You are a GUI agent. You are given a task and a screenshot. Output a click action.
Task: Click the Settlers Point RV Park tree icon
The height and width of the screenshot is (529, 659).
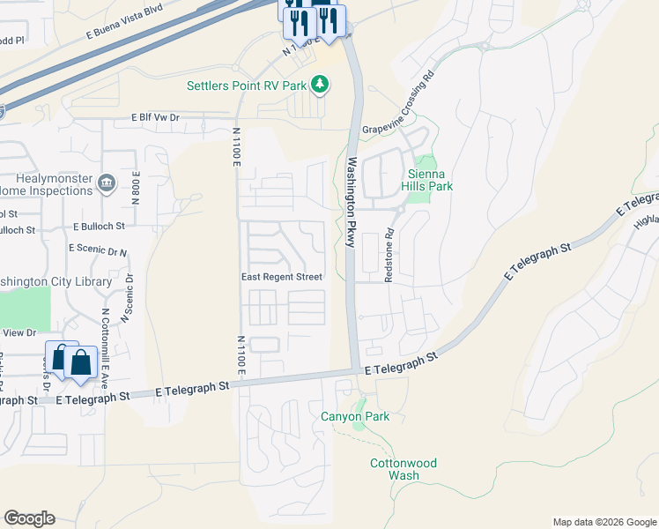(x=321, y=85)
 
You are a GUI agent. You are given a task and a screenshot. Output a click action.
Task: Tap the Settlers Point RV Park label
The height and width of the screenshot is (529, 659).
(x=246, y=86)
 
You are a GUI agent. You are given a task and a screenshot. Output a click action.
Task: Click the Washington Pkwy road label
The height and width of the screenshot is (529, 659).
(x=351, y=201)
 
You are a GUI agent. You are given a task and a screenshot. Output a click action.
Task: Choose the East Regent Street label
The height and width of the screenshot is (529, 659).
(x=282, y=277)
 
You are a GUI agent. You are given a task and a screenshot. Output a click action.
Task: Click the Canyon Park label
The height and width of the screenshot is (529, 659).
(x=354, y=416)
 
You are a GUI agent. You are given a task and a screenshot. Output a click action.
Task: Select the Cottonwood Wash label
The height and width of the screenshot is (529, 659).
(x=404, y=469)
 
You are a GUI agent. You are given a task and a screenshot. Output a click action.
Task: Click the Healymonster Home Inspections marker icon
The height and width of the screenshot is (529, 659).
(x=107, y=183)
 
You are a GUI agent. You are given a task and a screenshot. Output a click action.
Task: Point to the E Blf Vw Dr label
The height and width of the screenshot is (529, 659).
(x=155, y=116)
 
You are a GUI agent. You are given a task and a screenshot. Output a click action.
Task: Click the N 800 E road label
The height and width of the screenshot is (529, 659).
(x=137, y=187)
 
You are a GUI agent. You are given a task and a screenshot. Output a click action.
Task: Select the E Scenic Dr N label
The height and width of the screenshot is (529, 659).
(x=97, y=250)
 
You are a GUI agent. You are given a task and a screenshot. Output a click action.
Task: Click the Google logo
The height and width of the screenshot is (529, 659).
(x=29, y=518)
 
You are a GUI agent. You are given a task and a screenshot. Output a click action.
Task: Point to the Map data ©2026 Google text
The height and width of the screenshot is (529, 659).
(x=604, y=522)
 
